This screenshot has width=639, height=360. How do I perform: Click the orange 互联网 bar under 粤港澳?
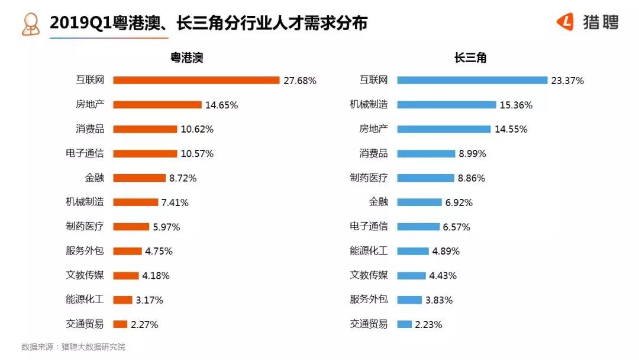pyautogui.click(x=196, y=81)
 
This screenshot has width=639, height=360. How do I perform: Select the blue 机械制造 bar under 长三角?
pyautogui.click(x=446, y=105)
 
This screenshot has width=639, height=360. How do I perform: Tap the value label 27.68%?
pyautogui.click(x=300, y=81)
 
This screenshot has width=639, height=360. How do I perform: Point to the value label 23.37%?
pyautogui.click(x=567, y=81)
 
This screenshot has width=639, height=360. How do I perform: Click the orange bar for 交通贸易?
pyautogui.click(x=120, y=324)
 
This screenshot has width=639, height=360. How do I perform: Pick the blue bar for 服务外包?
pyautogui.click(x=409, y=300)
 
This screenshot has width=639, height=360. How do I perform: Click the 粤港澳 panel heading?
pyautogui.click(x=187, y=57)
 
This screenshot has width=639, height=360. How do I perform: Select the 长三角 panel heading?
pyautogui.click(x=470, y=57)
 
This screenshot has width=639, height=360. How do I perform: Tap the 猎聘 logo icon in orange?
pyautogui.click(x=565, y=22)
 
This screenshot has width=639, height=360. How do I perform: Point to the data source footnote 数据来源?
pyautogui.click(x=73, y=347)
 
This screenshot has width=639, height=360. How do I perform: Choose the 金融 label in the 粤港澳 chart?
pyautogui.click(x=94, y=178)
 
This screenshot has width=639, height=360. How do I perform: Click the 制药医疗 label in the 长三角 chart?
pyautogui.click(x=369, y=178)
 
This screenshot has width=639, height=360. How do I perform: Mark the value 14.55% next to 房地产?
pyautogui.click(x=511, y=129)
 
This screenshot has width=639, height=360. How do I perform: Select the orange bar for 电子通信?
pyautogui.click(x=145, y=153)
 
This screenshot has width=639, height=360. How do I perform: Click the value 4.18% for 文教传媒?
pyautogui.click(x=156, y=275)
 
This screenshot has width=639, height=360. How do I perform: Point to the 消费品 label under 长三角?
pyautogui.click(x=373, y=153)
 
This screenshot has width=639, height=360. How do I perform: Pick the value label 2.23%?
pyautogui.click(x=428, y=324)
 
